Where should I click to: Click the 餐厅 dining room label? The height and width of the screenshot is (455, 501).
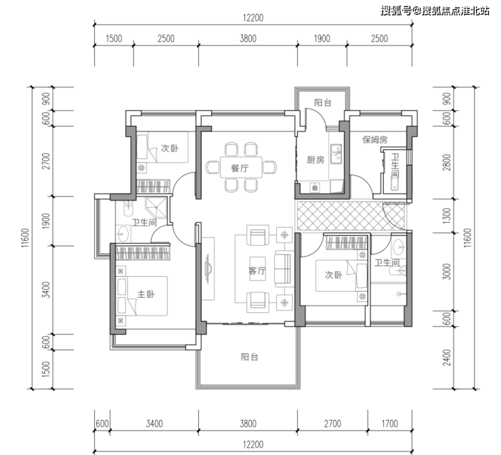coord(240,168)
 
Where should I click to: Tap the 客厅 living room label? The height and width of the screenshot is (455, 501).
coord(257,271)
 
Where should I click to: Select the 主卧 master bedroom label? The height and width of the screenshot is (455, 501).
coord(146,294)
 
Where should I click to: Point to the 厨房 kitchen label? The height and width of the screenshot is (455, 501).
coord(315,160)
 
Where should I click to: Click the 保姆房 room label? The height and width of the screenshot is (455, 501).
coord(375,139)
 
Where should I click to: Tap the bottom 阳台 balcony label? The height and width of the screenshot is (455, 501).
coord(249,357)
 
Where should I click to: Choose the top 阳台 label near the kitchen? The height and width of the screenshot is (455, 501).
coord(323,102)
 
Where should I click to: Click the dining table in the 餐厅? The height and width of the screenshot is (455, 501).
coord(241,167)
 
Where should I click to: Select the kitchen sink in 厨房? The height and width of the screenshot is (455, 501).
coord(336,154)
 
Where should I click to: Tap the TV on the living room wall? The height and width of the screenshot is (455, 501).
coord(207,268)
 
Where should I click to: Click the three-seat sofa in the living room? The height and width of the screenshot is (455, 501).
coord(283,269)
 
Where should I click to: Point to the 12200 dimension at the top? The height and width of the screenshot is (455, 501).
coord(253,18)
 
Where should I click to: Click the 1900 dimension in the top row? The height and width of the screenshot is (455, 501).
coord(322,39)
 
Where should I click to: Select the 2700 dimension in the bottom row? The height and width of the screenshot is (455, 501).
coord(332,424)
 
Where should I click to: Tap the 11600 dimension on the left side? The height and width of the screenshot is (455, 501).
coord(25,238)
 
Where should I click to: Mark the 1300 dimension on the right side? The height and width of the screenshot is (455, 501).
coord(447,216)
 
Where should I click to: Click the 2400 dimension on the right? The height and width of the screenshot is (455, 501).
coord(447,357)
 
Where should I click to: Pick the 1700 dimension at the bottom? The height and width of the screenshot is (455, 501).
coord(389,424)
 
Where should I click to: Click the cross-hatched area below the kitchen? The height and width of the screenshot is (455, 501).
coord(351,216)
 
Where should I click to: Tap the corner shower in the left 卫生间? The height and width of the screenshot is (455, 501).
coord(156,208)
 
